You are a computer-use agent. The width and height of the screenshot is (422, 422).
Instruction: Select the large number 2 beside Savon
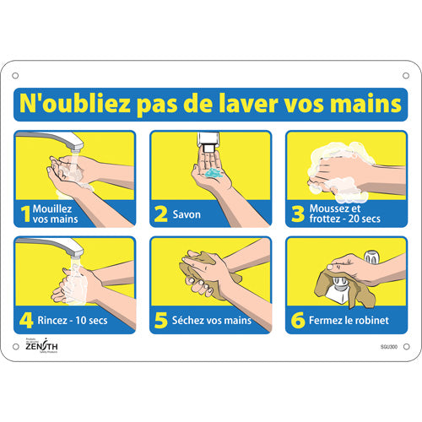pyautogui.click(x=160, y=214)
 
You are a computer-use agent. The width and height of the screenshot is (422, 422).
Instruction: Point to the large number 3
pyautogui.click(x=296, y=214)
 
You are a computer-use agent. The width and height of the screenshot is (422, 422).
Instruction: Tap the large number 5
pyautogui.click(x=160, y=320)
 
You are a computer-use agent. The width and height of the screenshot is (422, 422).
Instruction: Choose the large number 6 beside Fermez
pyautogui.click(x=296, y=320)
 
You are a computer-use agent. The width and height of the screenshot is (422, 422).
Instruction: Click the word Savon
pyautogui.click(x=187, y=214)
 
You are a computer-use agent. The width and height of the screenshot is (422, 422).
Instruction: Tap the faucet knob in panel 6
pyautogui.click(x=371, y=255)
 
